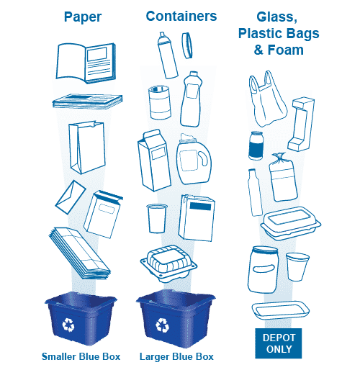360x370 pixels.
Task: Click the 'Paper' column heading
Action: coord(83,17)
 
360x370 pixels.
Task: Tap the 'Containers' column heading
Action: coord(181,17)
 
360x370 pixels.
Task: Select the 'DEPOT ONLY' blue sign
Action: coord(279,343)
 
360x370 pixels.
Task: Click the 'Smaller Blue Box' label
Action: coord(81,356)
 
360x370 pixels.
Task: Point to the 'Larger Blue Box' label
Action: coord(176,356)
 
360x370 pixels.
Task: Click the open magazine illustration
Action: coord(86,63)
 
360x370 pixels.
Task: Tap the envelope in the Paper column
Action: coord(71,197)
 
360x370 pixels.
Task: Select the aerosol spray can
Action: coord(168,55)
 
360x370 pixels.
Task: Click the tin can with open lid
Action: coord(160,102)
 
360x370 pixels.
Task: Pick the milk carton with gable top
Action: coord(154,161)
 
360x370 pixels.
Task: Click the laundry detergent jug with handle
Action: coord(194,159)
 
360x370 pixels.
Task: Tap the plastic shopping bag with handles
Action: coord(268,99)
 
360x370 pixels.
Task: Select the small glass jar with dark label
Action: coord(256,145)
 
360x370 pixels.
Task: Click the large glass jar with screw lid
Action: coord(263,270)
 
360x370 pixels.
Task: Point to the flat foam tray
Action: coord(281,310)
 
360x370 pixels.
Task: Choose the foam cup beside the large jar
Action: coord(297,266)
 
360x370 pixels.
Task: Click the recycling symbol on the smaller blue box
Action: coord(68,325)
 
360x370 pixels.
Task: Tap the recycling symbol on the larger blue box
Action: coord(162,325)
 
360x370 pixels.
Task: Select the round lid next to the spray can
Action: coord(187,45)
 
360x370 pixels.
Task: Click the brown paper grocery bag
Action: coord(87,148)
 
